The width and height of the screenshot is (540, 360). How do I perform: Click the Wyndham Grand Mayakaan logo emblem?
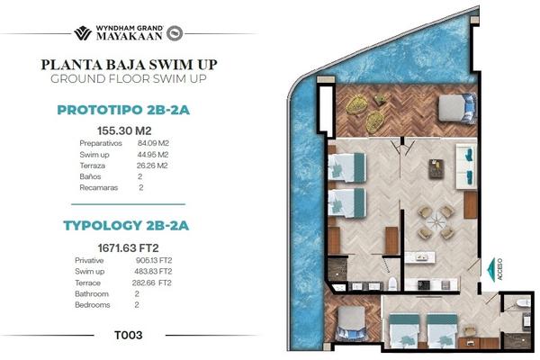83,33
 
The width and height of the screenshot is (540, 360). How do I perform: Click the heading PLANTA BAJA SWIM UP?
129,65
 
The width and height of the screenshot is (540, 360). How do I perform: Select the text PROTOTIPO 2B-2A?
123,110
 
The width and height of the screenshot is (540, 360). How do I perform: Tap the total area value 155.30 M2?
124,130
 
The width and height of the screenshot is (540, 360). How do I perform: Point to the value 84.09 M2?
153,143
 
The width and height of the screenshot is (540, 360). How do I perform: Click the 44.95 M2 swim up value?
153,154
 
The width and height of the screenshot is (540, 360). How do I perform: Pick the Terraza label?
93,166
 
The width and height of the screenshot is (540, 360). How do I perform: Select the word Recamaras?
99,188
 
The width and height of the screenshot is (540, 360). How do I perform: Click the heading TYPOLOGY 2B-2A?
126,225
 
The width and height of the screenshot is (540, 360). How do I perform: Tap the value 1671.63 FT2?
128,248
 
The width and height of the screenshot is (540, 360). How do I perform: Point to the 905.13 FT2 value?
154,260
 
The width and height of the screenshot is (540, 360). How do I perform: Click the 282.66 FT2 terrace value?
152,283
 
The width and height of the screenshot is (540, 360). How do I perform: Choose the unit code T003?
129,335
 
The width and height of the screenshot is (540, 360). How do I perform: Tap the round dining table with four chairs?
436,222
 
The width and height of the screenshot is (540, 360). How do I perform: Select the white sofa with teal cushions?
466,166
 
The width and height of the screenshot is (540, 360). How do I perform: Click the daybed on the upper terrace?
458,108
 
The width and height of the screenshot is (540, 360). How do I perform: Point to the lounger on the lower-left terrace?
351,325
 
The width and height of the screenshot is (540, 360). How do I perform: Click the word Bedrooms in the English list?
93,305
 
